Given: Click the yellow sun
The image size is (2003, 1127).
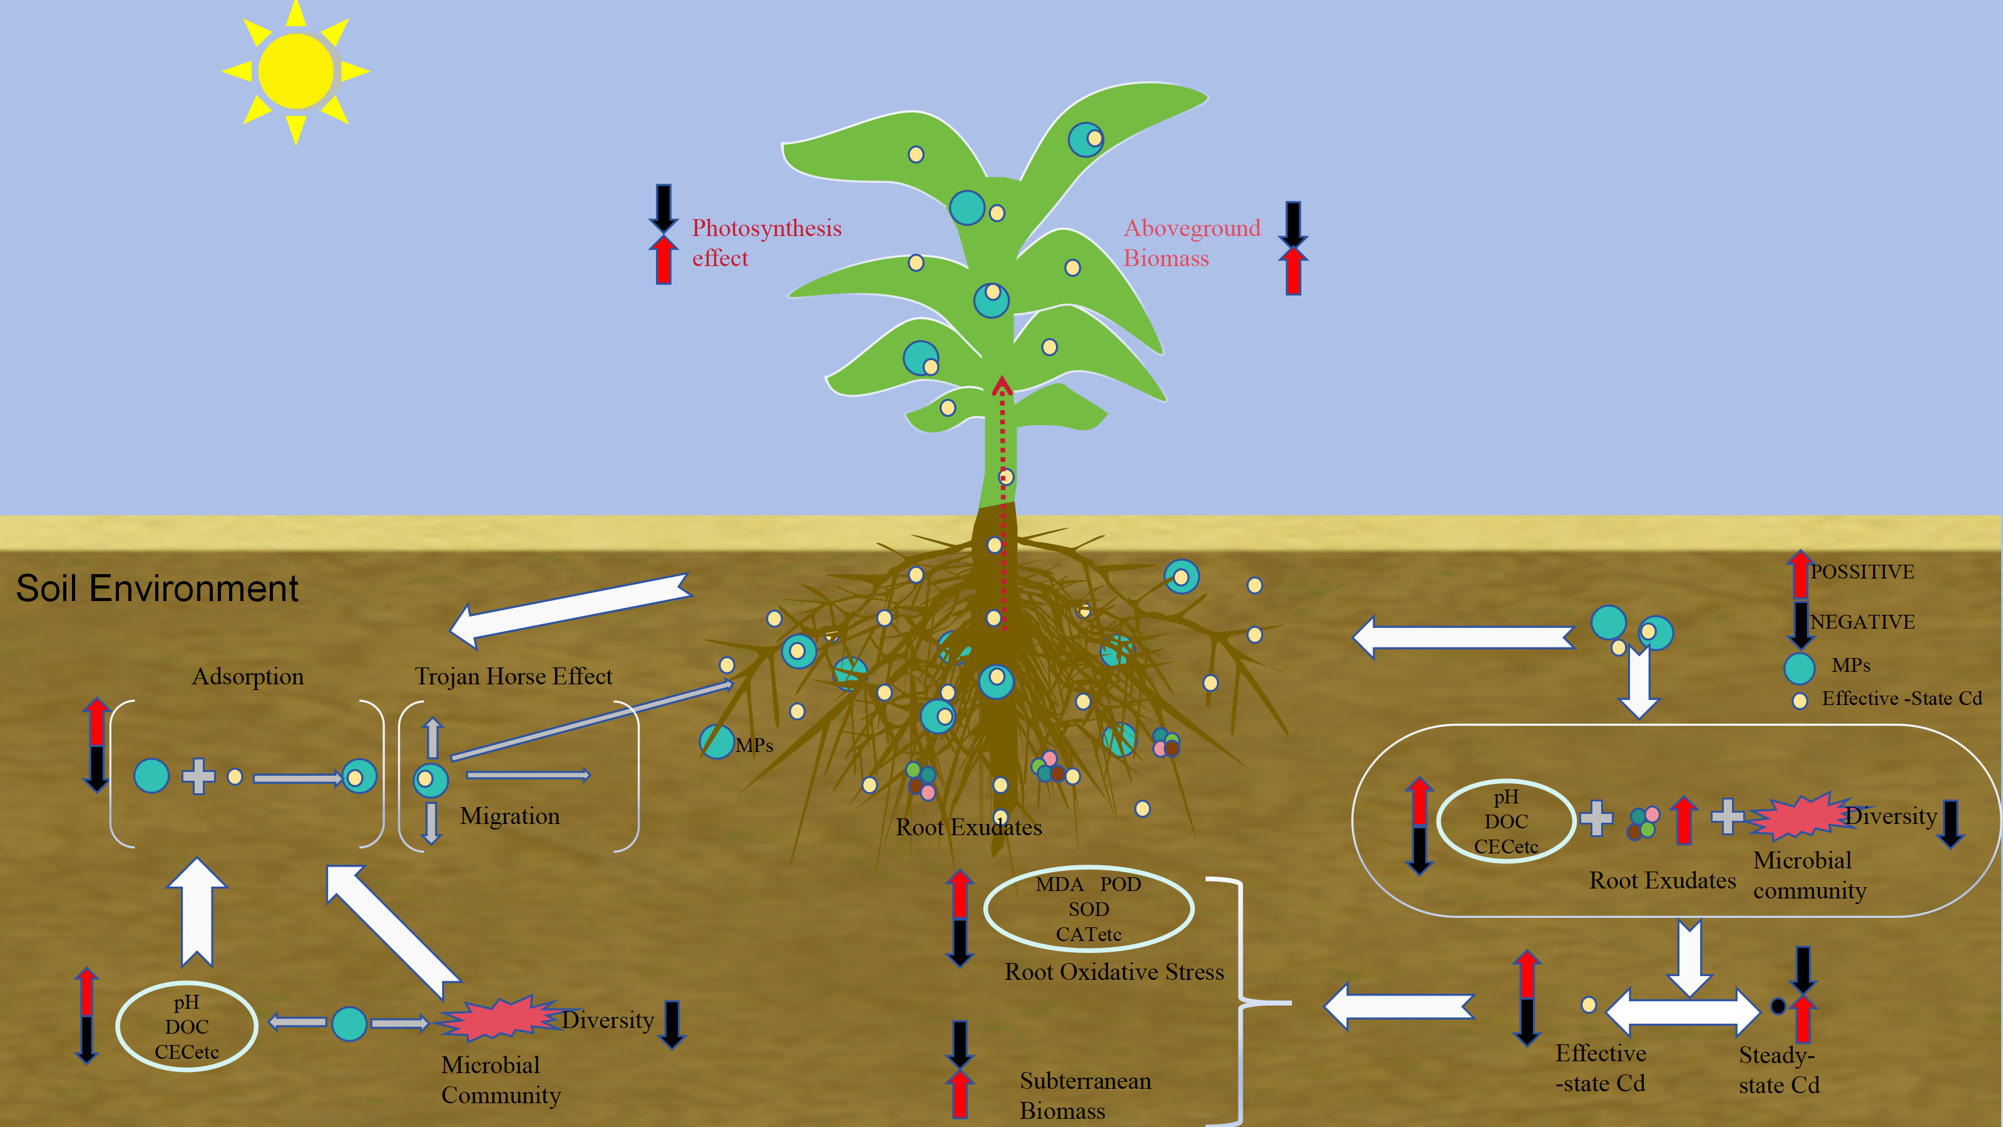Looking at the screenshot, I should [295, 71].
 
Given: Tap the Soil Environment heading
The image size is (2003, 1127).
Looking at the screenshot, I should [157, 589].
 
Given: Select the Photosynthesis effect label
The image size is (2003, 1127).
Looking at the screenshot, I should [766, 243].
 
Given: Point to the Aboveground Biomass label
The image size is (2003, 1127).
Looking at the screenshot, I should [1191, 243].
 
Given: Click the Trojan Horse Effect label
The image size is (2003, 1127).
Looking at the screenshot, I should [513, 677].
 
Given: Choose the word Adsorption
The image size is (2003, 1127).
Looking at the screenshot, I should [247, 677].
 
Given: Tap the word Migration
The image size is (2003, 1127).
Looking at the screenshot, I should [510, 816].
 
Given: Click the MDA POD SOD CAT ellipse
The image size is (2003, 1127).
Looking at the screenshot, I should [1089, 908].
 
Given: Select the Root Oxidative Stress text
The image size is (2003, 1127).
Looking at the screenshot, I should [1114, 972].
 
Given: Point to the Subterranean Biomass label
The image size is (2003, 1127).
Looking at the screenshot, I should [1085, 1095].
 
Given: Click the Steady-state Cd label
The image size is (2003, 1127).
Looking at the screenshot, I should [1779, 1069].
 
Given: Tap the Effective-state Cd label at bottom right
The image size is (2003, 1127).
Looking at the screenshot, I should [1601, 1068].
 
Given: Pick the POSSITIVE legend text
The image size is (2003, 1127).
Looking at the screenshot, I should [1862, 572].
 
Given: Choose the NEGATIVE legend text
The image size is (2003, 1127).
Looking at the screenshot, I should [1862, 622].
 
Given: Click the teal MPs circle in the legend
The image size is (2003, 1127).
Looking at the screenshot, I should [1800, 667].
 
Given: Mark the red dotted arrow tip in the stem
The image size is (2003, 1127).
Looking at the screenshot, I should [1002, 383].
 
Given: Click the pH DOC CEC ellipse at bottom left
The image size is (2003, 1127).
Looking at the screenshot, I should [187, 1027].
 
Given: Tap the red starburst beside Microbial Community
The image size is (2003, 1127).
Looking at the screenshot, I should [498, 1019].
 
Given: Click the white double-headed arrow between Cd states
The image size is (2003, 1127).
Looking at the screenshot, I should [1683, 1012].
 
